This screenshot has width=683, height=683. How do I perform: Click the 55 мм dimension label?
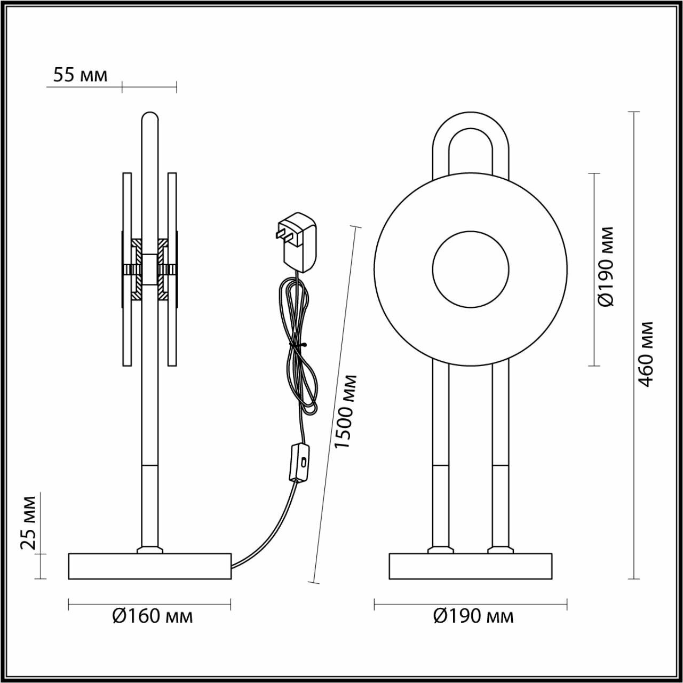click(x=80, y=75)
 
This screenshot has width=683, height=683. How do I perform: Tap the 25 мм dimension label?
click(x=28, y=522)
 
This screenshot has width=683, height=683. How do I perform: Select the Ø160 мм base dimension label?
click(x=153, y=616)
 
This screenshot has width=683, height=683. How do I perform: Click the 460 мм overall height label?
click(x=645, y=353)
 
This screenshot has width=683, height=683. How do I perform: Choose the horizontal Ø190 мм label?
click(x=473, y=616)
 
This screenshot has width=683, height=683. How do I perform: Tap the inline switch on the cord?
click(x=300, y=462)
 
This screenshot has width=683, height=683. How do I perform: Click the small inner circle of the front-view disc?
click(x=470, y=269)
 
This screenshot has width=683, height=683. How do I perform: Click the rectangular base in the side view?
click(x=150, y=567)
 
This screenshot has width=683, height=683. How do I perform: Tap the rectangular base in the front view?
click(x=470, y=567)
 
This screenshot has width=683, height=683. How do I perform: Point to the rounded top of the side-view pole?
click(x=150, y=118)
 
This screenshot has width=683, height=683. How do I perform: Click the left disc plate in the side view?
click(x=127, y=269)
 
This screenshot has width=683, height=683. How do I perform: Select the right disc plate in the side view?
click(x=172, y=269)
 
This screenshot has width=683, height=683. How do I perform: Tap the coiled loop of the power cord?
click(x=300, y=347)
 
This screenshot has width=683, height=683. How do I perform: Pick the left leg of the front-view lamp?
click(x=441, y=454)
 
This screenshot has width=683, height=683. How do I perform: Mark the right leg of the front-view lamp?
click(x=500, y=454)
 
